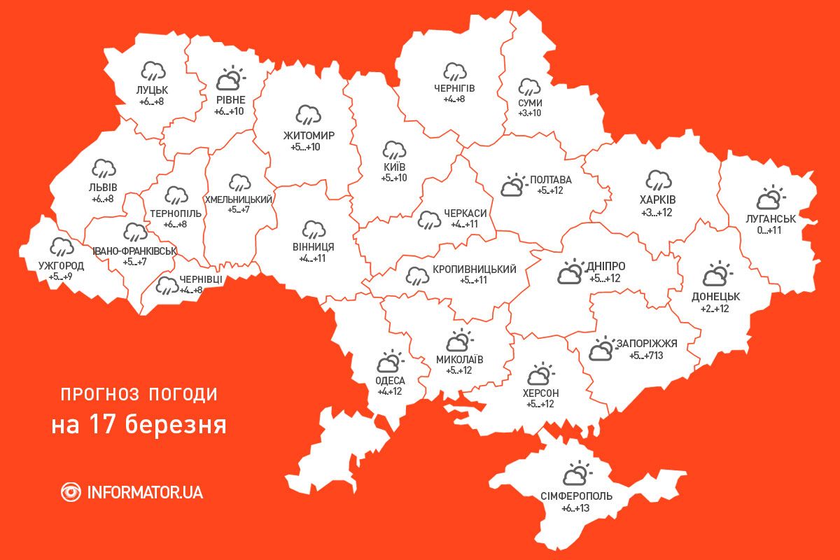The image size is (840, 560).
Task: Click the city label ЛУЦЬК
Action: click(153, 90)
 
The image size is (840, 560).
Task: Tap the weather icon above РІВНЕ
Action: click(230, 79)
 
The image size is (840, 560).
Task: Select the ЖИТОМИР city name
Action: click(309, 135)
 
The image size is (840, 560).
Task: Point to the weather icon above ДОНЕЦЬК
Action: click(715, 274)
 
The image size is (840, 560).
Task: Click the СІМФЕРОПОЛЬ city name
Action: click(576, 496)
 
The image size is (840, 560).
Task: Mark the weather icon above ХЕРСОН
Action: click(539, 374)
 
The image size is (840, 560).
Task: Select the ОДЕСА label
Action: click(390, 380)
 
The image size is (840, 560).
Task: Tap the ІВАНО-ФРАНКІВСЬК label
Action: click(134, 251)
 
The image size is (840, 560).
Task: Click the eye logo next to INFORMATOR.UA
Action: click(71, 491)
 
